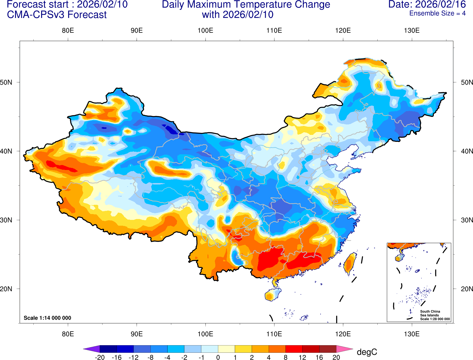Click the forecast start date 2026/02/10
pos(102,4)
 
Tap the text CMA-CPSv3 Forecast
pos(57,15)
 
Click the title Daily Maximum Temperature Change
pos(246,4)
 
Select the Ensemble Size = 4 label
pos(437,13)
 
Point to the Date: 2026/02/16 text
pos(427,4)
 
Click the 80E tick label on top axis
pos(68,30)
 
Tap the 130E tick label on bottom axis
pos(412,334)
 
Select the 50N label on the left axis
pos(6,82)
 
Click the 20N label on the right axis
pos(467,289)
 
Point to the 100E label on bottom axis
pos(205,334)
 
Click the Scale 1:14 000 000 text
pos(47,318)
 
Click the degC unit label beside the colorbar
pos(367,352)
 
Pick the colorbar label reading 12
pos(302,357)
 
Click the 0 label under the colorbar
pos(218,357)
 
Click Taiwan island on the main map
pos(350,263)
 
